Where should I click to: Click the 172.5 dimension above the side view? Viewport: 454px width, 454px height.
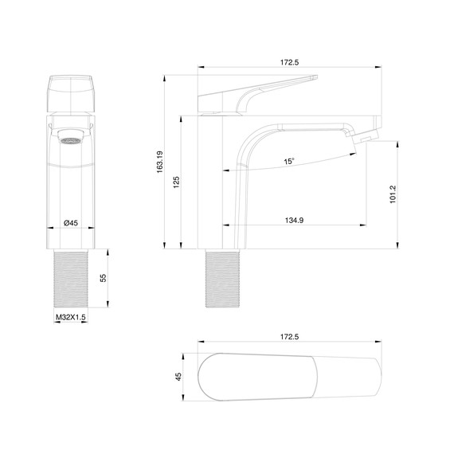[290, 61]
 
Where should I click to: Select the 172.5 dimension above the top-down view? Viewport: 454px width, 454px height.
[290, 337]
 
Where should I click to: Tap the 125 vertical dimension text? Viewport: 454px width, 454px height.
[176, 183]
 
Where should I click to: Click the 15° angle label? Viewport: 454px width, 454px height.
[288, 162]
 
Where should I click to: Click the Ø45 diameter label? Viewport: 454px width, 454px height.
[71, 223]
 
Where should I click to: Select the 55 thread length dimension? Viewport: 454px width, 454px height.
[103, 278]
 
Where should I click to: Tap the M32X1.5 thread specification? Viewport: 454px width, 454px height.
[70, 317]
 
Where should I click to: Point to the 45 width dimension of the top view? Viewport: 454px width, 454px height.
[179, 376]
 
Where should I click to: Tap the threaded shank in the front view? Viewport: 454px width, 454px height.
[71, 278]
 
